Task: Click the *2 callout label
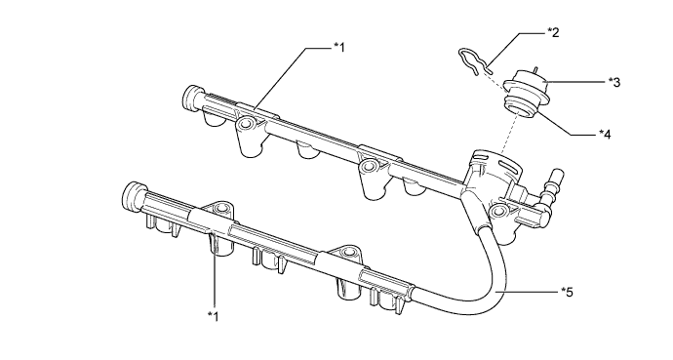coord(553,32)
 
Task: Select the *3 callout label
coord(614,82)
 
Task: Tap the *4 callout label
coord(605,135)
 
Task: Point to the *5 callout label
coord(567,293)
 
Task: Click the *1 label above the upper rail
coord(339,47)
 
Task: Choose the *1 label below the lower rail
coord(213,317)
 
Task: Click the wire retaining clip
coord(474,61)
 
